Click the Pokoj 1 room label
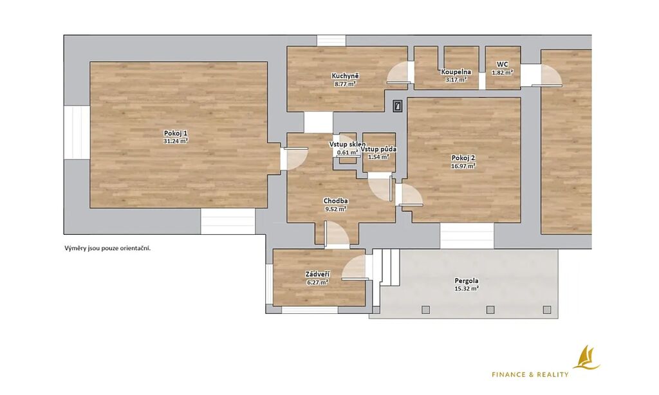176,133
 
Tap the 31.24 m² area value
176,141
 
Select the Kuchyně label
345,76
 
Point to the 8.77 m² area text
345,84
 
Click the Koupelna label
456,72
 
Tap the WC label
502,64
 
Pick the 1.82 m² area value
502,73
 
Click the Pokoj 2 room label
463,158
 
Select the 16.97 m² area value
463,166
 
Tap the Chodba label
335,201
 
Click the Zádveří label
317,275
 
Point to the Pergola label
467,280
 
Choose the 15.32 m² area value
467,289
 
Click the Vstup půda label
378,149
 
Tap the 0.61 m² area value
348,152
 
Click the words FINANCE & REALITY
530,374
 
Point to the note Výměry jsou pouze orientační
107,248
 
